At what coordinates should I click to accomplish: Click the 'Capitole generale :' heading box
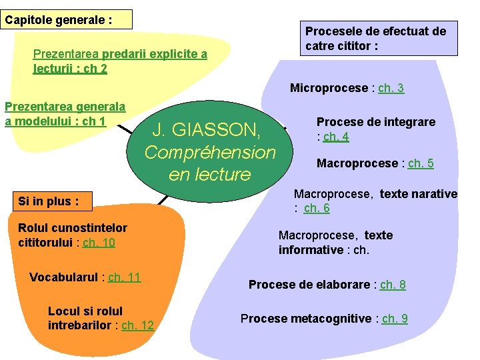pyautogui.click(x=67, y=19)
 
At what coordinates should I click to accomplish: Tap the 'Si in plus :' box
pyautogui.click(x=49, y=201)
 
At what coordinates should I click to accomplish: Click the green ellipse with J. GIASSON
pyautogui.click(x=210, y=151)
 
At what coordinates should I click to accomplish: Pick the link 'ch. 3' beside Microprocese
pyautogui.click(x=391, y=88)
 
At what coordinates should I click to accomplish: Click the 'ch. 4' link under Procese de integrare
pyautogui.click(x=336, y=137)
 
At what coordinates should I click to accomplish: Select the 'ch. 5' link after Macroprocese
pyautogui.click(x=421, y=163)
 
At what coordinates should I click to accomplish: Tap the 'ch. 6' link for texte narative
pyautogui.click(x=317, y=208)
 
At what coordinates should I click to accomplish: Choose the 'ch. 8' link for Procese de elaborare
pyautogui.click(x=393, y=285)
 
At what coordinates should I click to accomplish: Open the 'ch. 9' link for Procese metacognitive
pyautogui.click(x=395, y=319)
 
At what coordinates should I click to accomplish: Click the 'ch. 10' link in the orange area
pyautogui.click(x=99, y=242)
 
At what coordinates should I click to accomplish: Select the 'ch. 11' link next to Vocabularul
pyautogui.click(x=124, y=277)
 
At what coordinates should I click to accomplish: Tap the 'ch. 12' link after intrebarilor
pyautogui.click(x=137, y=325)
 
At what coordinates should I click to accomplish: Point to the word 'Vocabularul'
pyautogui.click(x=64, y=277)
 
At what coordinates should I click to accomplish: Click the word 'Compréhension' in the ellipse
pyautogui.click(x=210, y=152)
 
